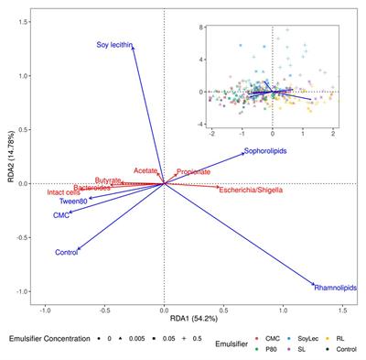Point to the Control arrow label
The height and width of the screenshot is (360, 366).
pyautogui.click(x=67, y=252)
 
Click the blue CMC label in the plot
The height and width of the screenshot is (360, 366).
pyautogui.click(x=61, y=216)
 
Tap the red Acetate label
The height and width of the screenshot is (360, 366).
pyautogui.click(x=145, y=171)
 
